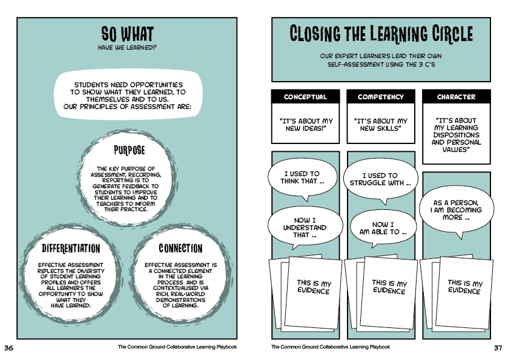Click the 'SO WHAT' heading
pyautogui.click(x=127, y=34)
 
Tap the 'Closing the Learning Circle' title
pyautogui.click(x=381, y=34)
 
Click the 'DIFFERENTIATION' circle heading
pyautogui.click(x=70, y=248)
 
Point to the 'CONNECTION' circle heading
pyautogui.click(x=180, y=248)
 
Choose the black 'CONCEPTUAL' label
pyautogui.click(x=305, y=97)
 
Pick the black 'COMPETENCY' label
pyautogui.click(x=381, y=97)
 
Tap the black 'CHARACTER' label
pyautogui.click(x=456, y=97)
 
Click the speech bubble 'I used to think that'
pyautogui.click(x=301, y=178)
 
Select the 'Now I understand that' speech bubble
pyautogui.click(x=301, y=227)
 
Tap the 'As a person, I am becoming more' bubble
pyautogui.click(x=457, y=210)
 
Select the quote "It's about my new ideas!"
pyautogui.click(x=305, y=125)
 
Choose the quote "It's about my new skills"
pyautogui.click(x=381, y=125)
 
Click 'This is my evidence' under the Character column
pyautogui.click(x=464, y=287)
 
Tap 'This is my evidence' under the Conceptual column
pyautogui.click(x=313, y=287)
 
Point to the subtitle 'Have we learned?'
pyautogui.click(x=127, y=47)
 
